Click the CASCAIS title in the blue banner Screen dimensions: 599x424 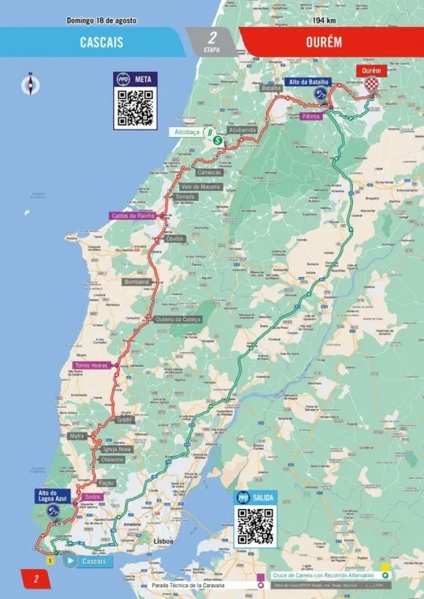click(x=101, y=43)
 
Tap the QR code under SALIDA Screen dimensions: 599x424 click(x=255, y=526)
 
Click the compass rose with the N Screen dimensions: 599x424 click(x=30, y=85)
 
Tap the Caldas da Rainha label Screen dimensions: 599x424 click(x=133, y=216)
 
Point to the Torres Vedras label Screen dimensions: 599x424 click(x=91, y=365)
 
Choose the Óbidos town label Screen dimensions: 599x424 click(x=175, y=238)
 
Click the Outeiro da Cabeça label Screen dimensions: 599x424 click(x=178, y=319)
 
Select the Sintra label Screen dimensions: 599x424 click(x=93, y=496)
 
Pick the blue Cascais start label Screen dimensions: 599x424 click(x=91, y=561)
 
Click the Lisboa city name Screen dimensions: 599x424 click(x=163, y=540)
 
